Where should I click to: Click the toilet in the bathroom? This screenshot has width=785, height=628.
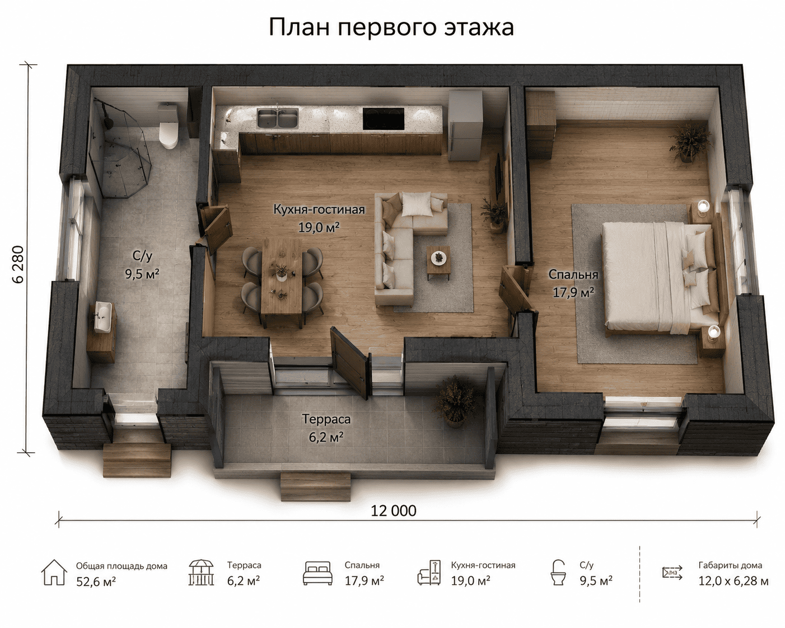(x=168, y=126)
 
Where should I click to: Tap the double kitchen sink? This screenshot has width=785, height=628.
(x=278, y=118)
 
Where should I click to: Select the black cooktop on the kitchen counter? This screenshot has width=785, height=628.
(x=384, y=119)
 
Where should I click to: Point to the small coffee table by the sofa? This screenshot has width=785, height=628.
(x=439, y=261)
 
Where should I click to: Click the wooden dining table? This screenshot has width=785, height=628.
(x=282, y=281)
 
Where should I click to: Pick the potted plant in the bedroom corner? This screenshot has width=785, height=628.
(x=689, y=142)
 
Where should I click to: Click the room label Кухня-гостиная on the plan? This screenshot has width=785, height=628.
(x=319, y=210)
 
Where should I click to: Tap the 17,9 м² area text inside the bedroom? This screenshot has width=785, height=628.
(x=573, y=292)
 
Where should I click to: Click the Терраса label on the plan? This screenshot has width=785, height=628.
(x=326, y=419)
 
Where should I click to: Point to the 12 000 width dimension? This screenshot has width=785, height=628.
(x=393, y=511)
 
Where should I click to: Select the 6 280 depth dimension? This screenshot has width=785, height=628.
(x=18, y=264)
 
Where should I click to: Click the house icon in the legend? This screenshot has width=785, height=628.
(x=54, y=572)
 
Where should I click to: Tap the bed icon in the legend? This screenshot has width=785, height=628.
(x=317, y=573)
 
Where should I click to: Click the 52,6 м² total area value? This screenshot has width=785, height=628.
(x=96, y=582)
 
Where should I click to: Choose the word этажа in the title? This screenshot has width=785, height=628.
(x=479, y=27)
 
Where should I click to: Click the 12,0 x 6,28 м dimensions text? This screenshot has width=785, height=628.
(x=733, y=581)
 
